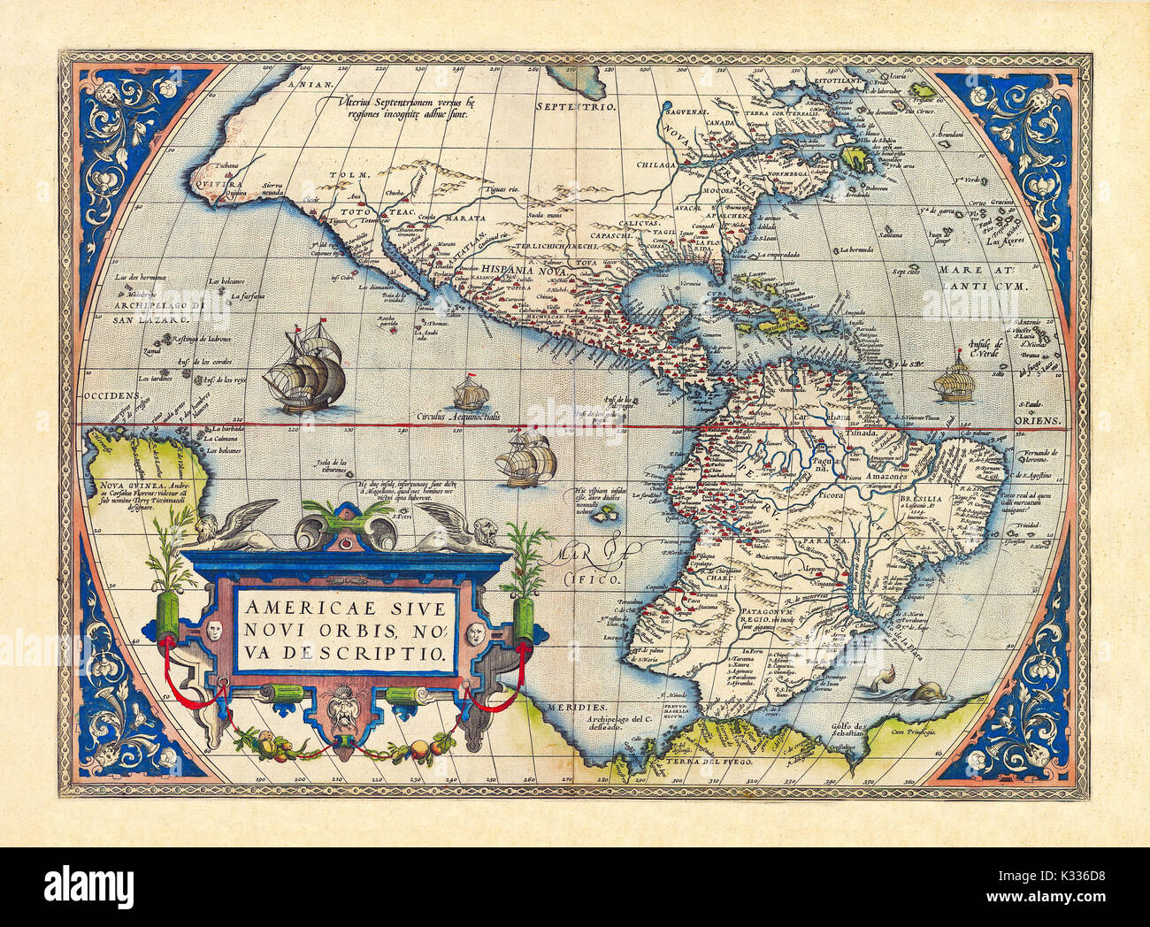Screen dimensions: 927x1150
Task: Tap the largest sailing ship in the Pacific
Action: [x=305, y=369]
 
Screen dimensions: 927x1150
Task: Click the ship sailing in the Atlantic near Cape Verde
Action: [x=954, y=377]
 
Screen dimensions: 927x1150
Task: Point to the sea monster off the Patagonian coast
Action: [x=920, y=693]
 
